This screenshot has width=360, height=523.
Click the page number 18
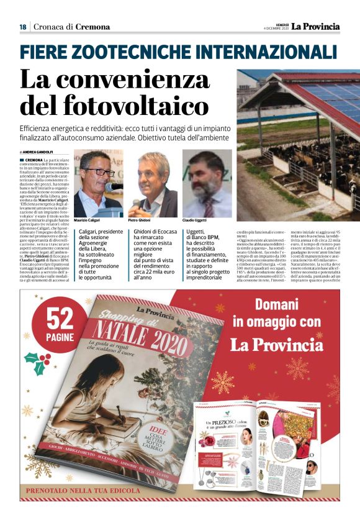(x=22, y=27)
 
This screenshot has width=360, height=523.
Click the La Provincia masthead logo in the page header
(x=316, y=26)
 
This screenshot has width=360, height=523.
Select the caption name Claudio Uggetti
(x=196, y=221)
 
